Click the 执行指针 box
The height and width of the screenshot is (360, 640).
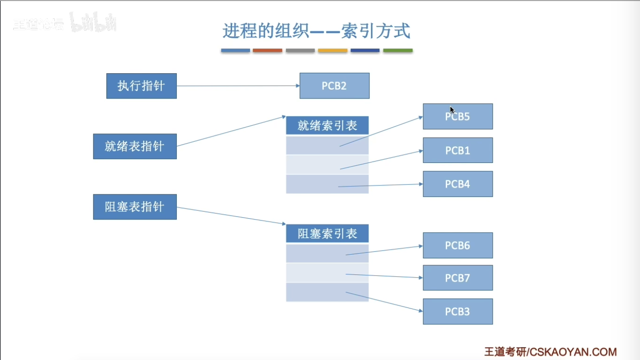pos(141,86)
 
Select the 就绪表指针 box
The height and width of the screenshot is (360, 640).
pos(134,146)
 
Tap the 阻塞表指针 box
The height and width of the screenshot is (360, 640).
pos(134,207)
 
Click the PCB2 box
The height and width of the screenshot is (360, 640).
pos(334,86)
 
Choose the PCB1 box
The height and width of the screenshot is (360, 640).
pos(458,150)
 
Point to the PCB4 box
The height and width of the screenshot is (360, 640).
pos(458,184)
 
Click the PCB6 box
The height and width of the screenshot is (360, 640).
pos(458,245)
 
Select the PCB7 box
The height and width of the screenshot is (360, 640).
pos(458,278)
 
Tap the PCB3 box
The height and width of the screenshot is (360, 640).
pos(458,311)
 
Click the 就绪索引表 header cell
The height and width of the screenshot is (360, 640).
pos(327,125)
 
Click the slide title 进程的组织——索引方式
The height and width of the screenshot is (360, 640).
pos(316,31)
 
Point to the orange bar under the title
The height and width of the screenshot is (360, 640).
pos(268,50)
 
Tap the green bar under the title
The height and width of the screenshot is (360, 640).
pos(398,50)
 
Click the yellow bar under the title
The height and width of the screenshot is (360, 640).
pos(332,50)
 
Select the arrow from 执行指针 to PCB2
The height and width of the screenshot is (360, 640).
pos(238,86)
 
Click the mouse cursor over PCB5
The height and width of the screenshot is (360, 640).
pos(452,110)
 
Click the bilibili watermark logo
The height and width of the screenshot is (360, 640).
pos(93,23)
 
